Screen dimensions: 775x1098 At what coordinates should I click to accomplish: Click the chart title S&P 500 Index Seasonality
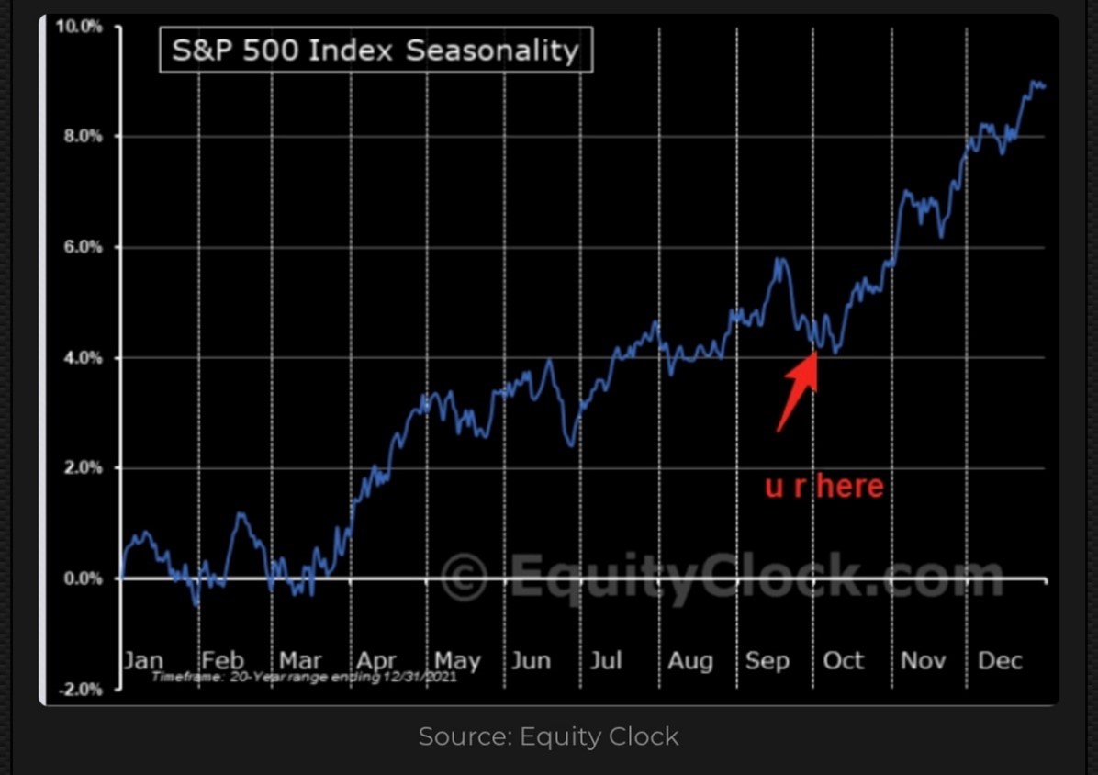(375, 51)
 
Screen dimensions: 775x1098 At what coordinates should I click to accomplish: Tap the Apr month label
(376, 660)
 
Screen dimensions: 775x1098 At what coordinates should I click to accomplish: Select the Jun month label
(531, 660)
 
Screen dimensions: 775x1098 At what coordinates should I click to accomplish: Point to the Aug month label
(689, 660)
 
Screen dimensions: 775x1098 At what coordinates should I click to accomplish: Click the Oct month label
(843, 660)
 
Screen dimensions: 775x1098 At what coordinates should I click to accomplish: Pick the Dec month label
(1000, 660)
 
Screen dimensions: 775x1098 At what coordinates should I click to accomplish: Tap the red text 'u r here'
(823, 486)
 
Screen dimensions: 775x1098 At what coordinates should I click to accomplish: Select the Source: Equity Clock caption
(548, 736)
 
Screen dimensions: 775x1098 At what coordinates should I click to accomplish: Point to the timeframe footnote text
(304, 677)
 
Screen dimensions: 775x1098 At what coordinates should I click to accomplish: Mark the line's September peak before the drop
(779, 260)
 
